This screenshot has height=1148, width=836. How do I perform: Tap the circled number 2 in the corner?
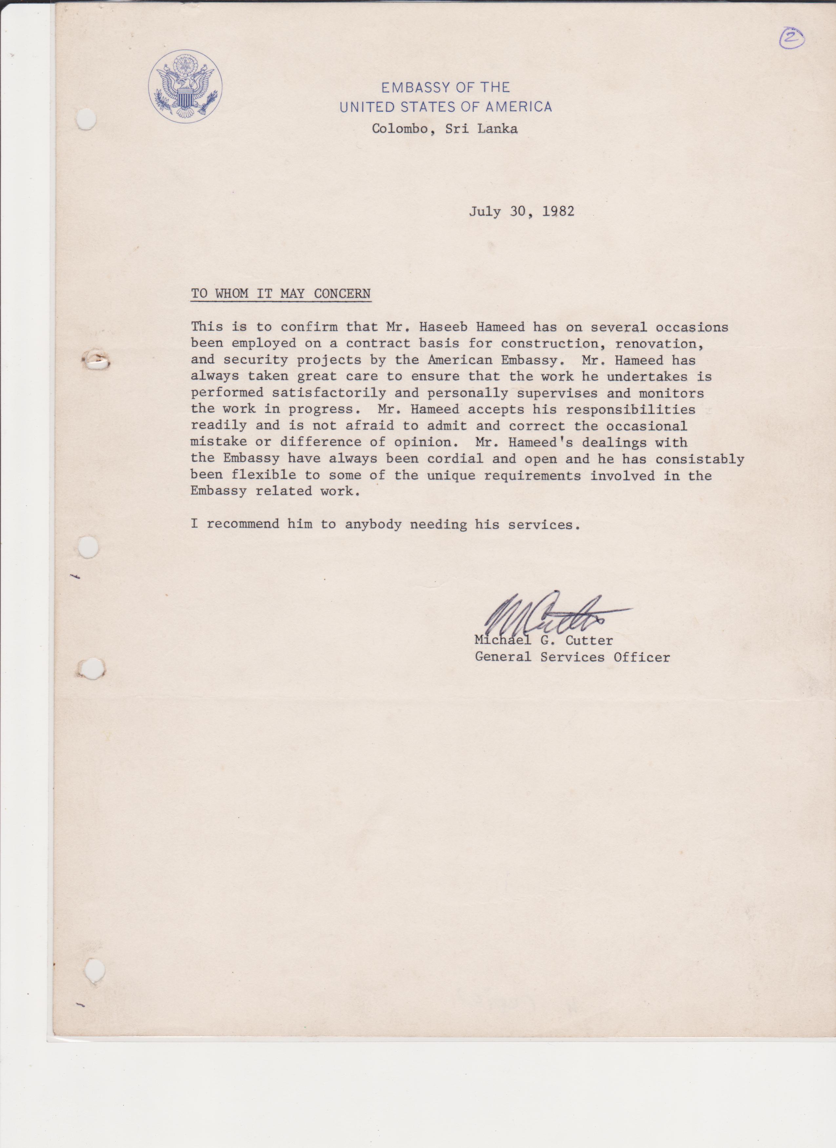pos(791,38)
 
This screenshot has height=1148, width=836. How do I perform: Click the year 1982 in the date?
pos(558,211)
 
